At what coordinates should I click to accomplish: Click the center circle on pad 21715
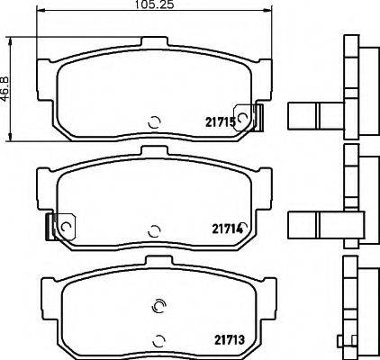click(154, 124)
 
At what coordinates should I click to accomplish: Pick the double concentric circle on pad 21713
click(159, 306)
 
